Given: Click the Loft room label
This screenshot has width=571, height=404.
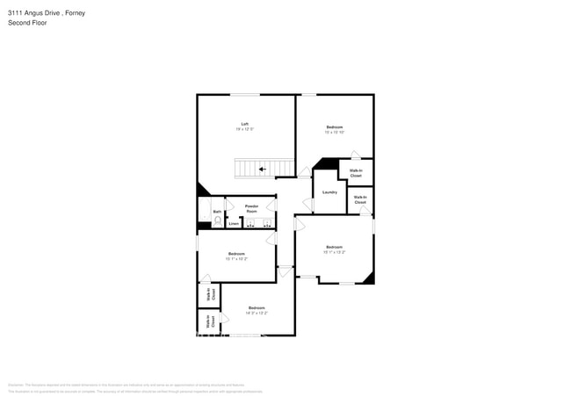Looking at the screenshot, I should click(x=245, y=124).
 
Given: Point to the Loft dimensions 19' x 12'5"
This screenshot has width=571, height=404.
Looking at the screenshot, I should click(x=245, y=129).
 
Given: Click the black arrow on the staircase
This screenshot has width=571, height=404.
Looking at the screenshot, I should click(x=262, y=170).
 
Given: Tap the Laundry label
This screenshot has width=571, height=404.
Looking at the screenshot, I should click(x=330, y=192).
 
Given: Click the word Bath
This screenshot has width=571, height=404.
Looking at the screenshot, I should click(x=217, y=212).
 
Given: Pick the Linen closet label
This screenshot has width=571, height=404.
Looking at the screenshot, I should click(x=234, y=224).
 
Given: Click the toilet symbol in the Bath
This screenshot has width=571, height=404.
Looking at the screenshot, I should click(x=217, y=220).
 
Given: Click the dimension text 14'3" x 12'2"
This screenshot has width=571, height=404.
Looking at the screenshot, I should click(x=257, y=313).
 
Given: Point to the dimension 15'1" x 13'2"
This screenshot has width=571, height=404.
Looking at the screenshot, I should click(x=334, y=252).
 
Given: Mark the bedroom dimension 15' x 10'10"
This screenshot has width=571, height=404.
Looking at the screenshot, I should click(x=335, y=133).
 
